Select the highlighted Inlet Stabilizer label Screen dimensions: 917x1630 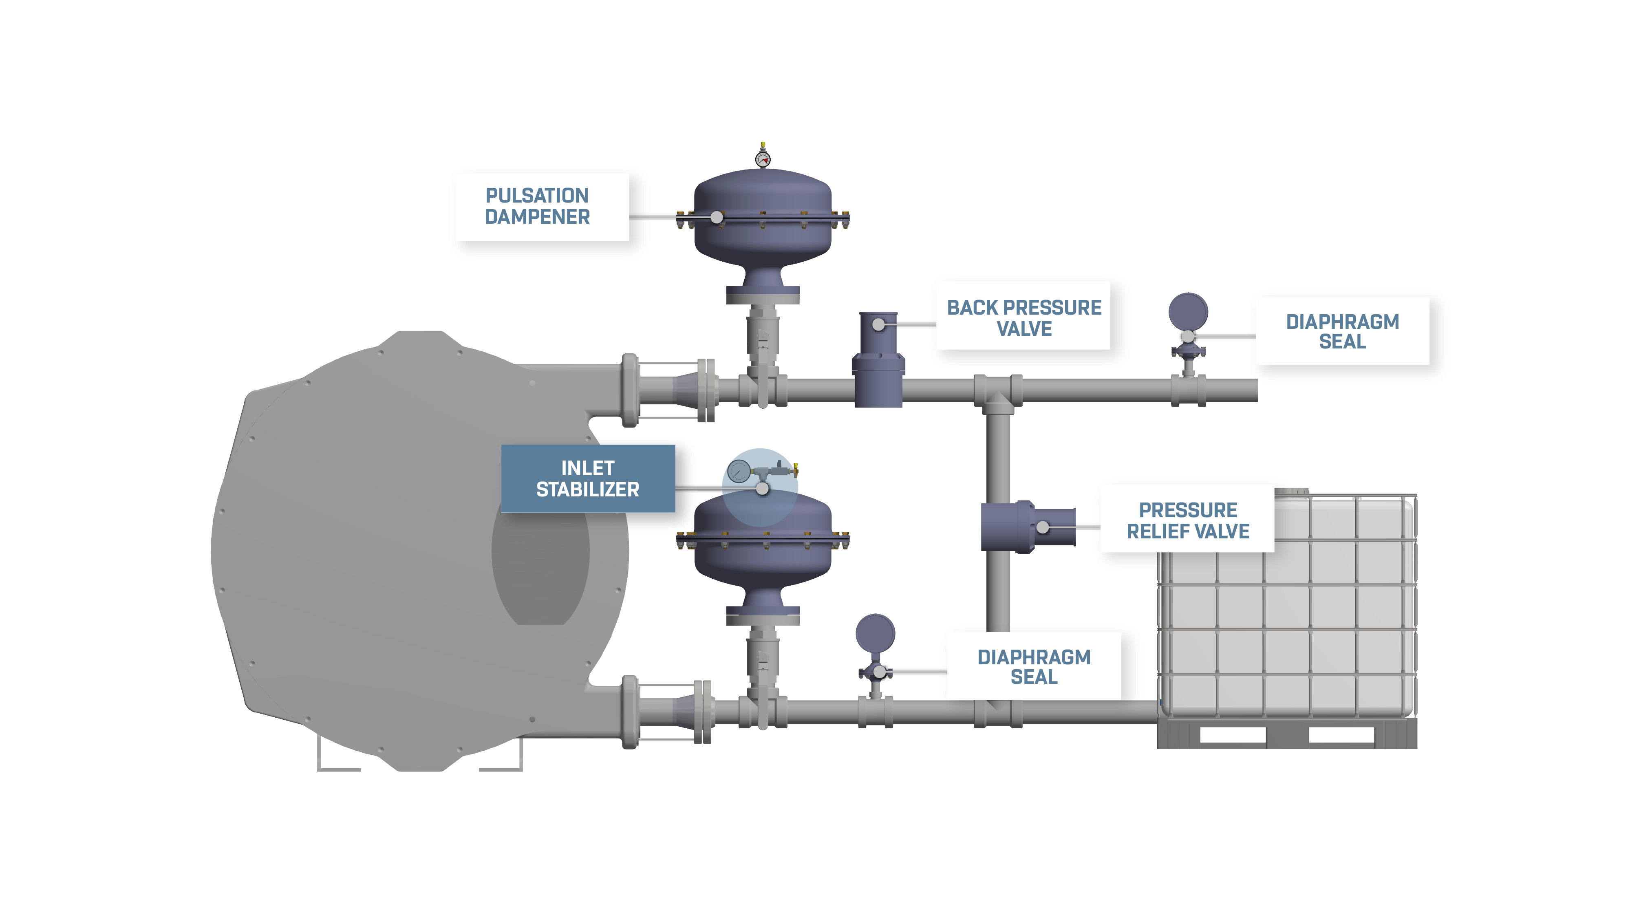point(587,478)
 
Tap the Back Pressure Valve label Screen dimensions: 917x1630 point(1023,316)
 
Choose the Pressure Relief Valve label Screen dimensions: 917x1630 point(1187,519)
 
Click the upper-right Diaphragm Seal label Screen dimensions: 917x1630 point(1342,331)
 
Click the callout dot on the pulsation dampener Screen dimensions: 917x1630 point(716,217)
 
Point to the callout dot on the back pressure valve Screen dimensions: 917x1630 point(878,325)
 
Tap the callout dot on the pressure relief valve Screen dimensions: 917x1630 point(1042,527)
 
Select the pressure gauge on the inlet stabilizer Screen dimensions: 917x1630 point(739,472)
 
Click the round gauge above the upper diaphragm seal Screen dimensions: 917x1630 point(1188,311)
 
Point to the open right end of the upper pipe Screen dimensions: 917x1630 point(1254,390)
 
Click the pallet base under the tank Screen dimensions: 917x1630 point(1286,735)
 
